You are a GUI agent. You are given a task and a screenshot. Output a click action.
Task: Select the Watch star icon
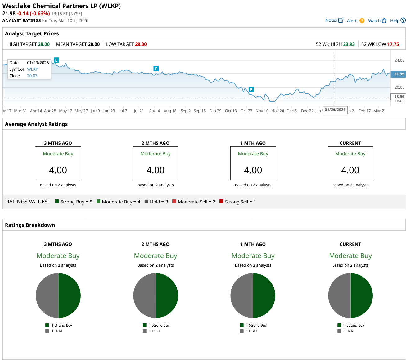(x=384, y=20)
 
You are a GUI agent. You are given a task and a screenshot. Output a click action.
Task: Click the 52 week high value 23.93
(x=349, y=44)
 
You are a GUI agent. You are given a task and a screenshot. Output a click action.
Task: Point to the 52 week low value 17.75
(x=393, y=44)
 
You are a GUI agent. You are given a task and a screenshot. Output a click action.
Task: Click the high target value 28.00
(x=44, y=44)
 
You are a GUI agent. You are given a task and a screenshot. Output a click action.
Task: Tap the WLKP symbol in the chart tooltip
(x=33, y=69)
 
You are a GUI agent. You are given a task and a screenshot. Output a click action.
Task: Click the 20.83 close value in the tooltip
(x=32, y=76)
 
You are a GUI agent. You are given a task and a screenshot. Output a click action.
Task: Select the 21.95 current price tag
(x=399, y=74)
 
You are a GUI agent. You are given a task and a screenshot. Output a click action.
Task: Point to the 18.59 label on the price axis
(x=399, y=97)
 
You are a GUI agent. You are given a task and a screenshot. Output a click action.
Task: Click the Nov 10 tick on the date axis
(x=262, y=111)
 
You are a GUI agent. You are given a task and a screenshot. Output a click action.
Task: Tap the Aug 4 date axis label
(x=154, y=111)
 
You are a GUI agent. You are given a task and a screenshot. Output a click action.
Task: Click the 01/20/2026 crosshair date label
(x=335, y=110)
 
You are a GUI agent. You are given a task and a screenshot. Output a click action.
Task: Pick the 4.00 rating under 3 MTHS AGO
(x=58, y=170)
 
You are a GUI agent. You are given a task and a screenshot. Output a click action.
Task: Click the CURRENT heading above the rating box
(x=350, y=143)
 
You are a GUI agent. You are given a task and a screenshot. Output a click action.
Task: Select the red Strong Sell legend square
(x=221, y=202)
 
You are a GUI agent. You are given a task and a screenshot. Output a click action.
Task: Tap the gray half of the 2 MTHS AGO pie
(x=145, y=296)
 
